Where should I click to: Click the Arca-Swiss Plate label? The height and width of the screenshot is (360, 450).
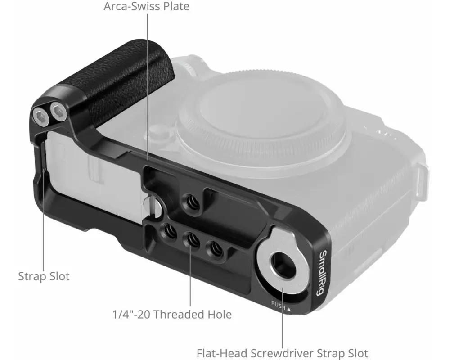pos(146,6)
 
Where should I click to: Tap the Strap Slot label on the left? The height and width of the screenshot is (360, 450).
pos(44,276)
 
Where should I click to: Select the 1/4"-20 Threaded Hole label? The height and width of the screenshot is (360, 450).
pos(172,314)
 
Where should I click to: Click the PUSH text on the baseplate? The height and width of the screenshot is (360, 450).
pos(278,305)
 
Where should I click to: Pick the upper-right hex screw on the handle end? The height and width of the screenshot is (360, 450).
pos(58,111)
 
